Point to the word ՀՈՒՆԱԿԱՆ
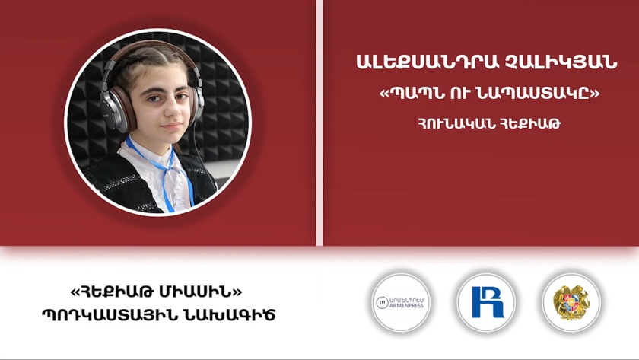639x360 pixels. coord(457,123)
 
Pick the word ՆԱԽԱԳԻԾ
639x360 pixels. coord(224,315)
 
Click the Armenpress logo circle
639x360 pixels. coord(401,302)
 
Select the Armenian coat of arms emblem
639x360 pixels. coord(571,302)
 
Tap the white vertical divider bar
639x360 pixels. coord(319,123)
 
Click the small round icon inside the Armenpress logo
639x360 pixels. coord(382,302)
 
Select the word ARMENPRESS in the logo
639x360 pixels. coord(407,306)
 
